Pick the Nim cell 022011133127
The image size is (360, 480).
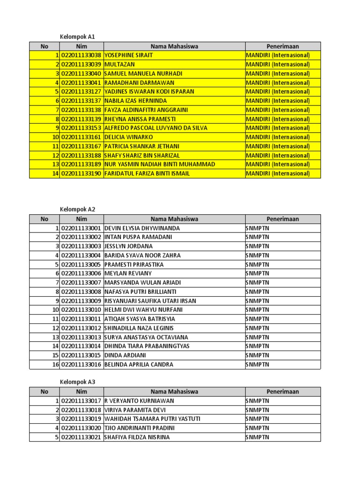(x=82, y=91)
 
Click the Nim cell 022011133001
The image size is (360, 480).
(x=82, y=228)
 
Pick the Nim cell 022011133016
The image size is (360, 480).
(x=82, y=364)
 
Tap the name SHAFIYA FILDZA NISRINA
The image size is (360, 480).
(x=137, y=437)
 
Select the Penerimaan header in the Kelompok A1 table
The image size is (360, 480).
(x=283, y=46)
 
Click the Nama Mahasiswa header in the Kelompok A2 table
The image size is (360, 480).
(x=174, y=219)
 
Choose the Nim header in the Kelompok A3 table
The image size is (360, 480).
(x=82, y=391)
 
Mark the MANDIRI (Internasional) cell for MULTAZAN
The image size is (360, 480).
(x=277, y=64)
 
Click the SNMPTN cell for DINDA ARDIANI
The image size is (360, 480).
(x=258, y=355)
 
